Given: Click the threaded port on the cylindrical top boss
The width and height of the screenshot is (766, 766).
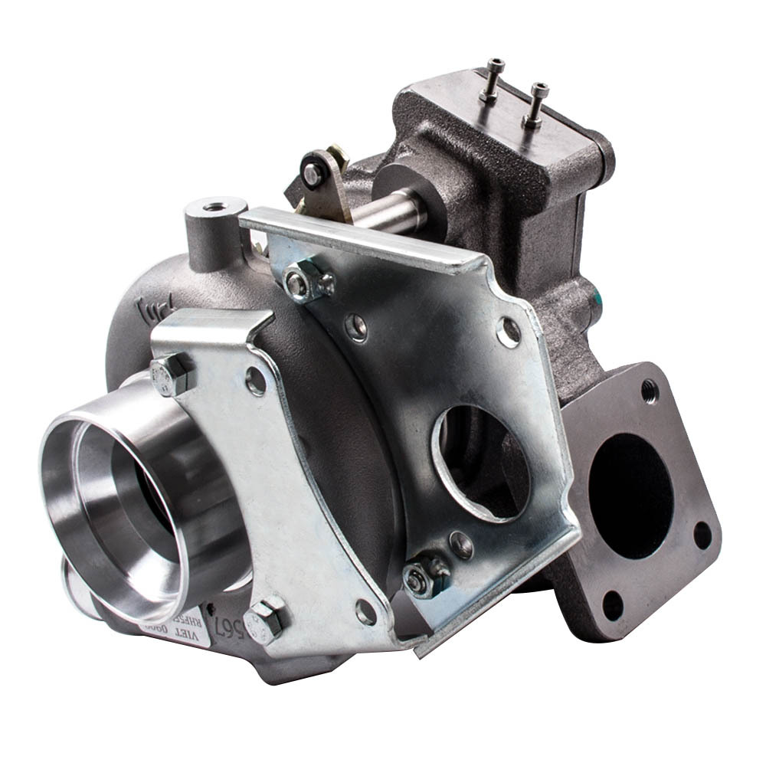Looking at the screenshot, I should click(214, 207).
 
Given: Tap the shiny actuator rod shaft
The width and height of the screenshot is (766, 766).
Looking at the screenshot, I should click(391, 211).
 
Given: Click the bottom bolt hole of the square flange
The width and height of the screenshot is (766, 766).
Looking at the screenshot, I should click(612, 605).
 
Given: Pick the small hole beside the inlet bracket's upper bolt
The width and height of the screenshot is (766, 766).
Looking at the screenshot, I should click(255, 381).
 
